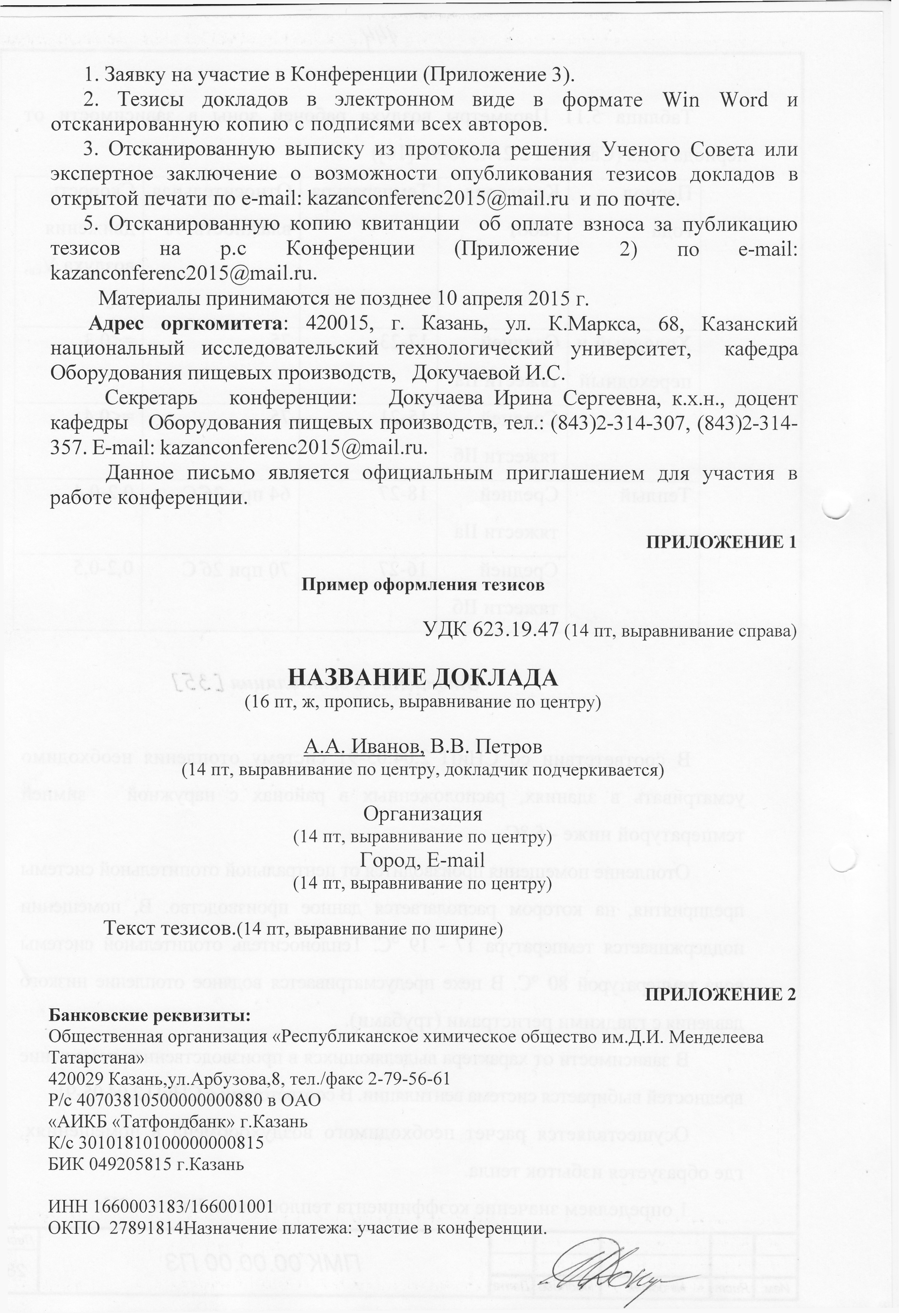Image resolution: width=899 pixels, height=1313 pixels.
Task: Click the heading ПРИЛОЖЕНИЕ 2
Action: (720, 995)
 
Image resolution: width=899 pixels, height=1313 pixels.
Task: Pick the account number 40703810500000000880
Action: (172, 1100)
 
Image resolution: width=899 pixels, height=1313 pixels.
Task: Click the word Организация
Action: (422, 814)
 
